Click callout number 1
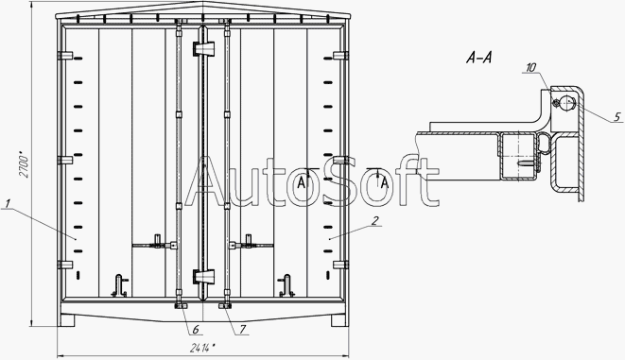pyautogui.click(x=7, y=204)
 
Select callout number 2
pyautogui.click(x=374, y=221)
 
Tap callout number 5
pyautogui.click(x=617, y=117)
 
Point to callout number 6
pyautogui.click(x=196, y=330)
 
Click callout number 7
pyautogui.click(x=242, y=330)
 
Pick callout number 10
pyautogui.click(x=531, y=68)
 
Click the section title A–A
pyautogui.click(x=478, y=58)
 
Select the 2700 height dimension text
pyautogui.click(x=25, y=164)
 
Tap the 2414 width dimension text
pyautogui.click(x=203, y=348)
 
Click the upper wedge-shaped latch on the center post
pyautogui.click(x=203, y=48)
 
